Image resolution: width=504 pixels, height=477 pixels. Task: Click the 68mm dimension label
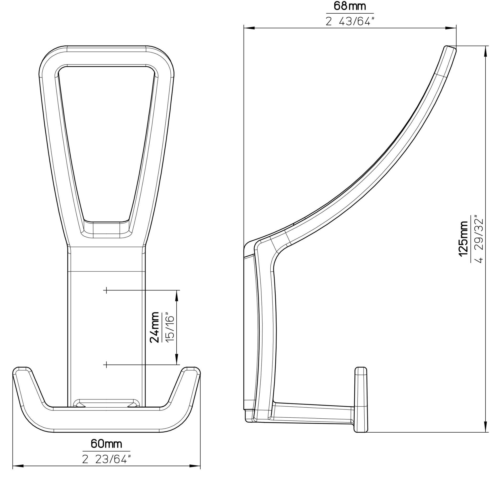(350, 6)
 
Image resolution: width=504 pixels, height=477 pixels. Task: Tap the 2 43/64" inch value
(349, 21)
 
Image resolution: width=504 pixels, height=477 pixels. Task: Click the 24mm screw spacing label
(154, 328)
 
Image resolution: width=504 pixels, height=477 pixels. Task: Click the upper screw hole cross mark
(106, 290)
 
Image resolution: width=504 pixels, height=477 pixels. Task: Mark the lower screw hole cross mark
(106, 365)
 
